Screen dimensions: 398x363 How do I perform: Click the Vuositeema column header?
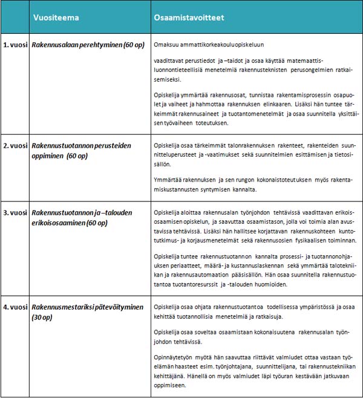pos(56,18)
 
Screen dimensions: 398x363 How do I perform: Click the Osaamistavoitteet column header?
pos(189,18)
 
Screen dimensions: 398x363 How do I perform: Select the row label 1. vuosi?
pos(16,45)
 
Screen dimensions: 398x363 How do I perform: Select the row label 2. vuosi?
pos(16,146)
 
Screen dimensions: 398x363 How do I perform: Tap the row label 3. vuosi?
pos(16,213)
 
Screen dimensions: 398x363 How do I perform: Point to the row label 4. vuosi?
pos(16,307)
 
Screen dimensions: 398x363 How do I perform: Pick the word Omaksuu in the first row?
pos(167,45)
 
